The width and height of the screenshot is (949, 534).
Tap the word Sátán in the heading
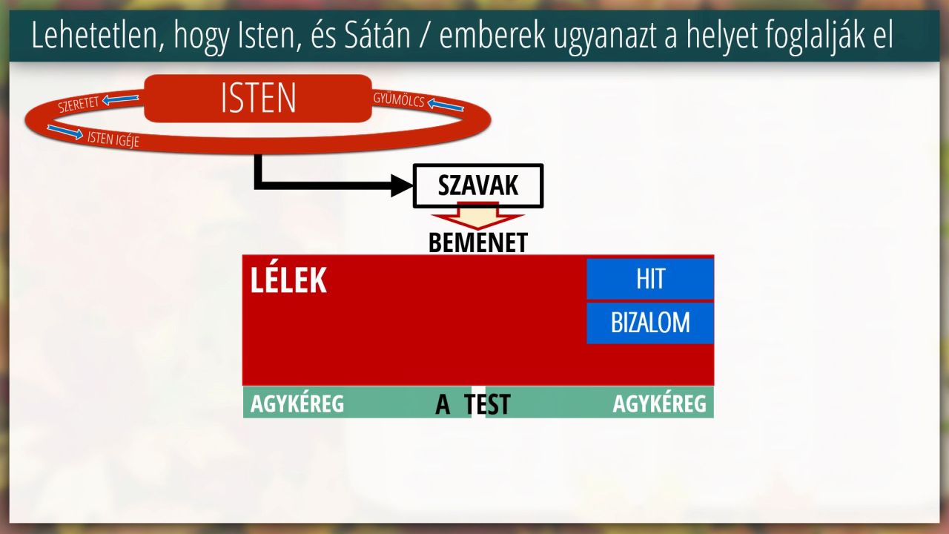click(377, 36)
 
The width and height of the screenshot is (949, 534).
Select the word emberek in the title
click(492, 36)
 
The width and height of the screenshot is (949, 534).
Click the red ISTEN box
click(258, 99)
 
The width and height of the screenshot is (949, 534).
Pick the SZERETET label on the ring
click(79, 105)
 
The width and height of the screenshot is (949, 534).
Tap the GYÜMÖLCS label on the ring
click(399, 100)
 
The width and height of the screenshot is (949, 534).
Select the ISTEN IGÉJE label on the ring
click(113, 139)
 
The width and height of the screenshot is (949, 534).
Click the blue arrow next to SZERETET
click(120, 99)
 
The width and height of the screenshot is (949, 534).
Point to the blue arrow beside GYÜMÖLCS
click(446, 105)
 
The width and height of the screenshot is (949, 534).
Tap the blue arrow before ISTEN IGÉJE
click(65, 132)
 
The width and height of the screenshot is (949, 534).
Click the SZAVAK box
click(478, 185)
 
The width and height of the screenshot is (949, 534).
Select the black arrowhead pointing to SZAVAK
click(401, 185)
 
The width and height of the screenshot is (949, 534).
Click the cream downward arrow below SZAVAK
click(478, 216)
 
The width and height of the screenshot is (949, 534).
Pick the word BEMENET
click(478, 243)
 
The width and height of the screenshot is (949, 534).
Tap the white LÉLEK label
click(288, 280)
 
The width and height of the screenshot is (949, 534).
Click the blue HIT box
click(650, 279)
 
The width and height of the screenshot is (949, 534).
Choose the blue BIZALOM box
click(650, 323)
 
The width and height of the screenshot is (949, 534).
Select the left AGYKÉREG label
click(297, 403)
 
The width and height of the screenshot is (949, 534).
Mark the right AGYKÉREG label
click(660, 403)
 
